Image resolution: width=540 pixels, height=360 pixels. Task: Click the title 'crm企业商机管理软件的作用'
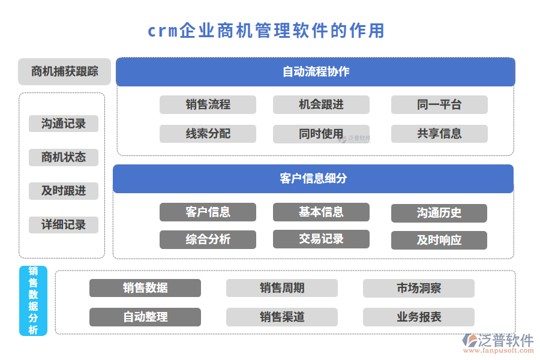pos(266,31)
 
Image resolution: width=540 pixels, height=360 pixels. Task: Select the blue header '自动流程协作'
pos(315,72)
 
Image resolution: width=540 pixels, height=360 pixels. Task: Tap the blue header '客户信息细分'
pos(313,179)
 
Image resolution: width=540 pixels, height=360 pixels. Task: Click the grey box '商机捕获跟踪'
pos(64,71)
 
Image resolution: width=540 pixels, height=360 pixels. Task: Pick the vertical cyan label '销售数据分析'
pos(33,301)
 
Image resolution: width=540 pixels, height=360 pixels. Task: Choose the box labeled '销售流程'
pos(208,104)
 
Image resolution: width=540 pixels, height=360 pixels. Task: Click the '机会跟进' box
pos(321,104)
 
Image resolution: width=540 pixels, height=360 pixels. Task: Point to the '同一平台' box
pos(439,104)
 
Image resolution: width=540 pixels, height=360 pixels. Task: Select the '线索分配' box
pos(208,134)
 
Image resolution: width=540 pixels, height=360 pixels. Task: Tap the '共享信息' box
pos(439,134)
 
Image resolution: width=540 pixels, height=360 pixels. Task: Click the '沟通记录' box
pos(64,124)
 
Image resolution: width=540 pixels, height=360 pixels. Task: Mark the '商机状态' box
pos(64,157)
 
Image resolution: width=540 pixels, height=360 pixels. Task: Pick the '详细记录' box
pos(64,225)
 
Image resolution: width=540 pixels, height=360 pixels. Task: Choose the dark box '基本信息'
pos(321,212)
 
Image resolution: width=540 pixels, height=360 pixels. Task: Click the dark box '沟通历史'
pos(439,213)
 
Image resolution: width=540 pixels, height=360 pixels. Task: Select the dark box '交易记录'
pos(321,239)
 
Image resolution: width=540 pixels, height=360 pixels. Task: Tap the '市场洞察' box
pos(418,288)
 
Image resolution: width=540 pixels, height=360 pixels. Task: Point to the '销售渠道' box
pos(281,317)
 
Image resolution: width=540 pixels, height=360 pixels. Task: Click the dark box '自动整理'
pos(145,317)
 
